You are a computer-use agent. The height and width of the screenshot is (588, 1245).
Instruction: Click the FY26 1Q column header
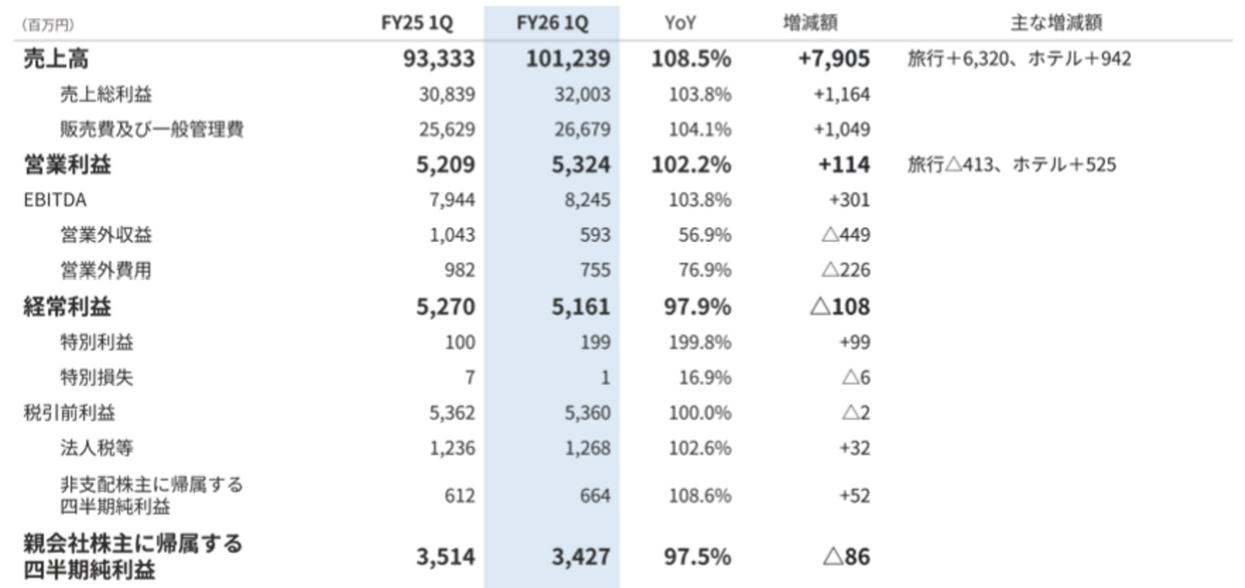click(552, 23)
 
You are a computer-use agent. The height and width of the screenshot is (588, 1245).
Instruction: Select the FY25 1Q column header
click(416, 23)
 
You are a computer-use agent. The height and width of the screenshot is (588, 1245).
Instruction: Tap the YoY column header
click(680, 23)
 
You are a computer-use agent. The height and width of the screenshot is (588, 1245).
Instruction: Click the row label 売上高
click(56, 58)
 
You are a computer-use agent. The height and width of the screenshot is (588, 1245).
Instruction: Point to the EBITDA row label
click(54, 200)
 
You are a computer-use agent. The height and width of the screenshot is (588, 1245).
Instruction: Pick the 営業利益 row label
click(67, 164)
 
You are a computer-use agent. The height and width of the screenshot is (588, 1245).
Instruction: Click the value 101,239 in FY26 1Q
click(568, 58)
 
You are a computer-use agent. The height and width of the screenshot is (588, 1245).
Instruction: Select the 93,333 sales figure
click(439, 58)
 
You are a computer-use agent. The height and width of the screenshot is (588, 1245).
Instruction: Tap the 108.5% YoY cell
click(691, 58)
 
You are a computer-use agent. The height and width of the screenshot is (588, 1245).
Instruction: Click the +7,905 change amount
click(834, 58)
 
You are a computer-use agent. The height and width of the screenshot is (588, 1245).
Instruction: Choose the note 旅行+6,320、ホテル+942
click(1019, 58)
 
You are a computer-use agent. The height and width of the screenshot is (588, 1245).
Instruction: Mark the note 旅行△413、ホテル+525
click(1012, 164)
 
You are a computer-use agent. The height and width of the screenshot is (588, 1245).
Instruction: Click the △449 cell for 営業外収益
click(846, 235)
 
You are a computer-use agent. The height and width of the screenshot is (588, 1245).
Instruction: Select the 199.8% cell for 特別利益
click(700, 342)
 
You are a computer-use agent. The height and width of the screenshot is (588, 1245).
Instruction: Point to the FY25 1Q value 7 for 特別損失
click(469, 377)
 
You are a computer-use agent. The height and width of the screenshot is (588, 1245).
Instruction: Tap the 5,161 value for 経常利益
click(580, 306)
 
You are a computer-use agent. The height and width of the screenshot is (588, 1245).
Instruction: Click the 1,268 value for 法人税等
click(587, 448)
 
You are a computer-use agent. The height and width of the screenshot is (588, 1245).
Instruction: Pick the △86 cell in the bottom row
click(846, 556)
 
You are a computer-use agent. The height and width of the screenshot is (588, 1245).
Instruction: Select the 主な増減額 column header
click(1056, 23)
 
